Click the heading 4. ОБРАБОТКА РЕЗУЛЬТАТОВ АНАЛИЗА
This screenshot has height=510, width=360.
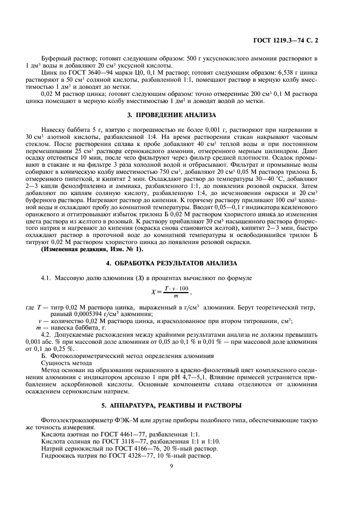[x=170, y=264]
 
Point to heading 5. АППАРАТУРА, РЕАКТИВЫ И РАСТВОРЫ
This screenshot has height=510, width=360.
[x=170, y=405]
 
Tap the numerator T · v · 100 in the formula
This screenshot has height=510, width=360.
[x=176, y=288]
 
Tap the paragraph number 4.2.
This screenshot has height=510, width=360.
[x=47, y=335]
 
